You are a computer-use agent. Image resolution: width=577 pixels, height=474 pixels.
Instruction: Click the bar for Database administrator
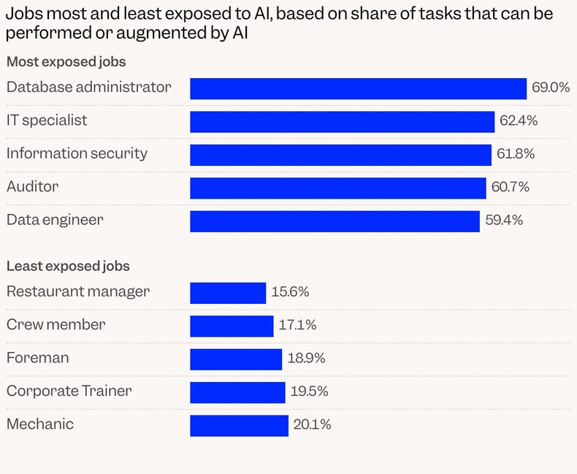[358, 88]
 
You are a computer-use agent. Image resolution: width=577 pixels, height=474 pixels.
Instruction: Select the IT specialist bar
[342, 121]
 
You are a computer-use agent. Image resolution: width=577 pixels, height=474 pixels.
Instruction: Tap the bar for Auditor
[337, 188]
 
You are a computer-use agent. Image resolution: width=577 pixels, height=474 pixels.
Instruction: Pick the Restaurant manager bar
[228, 293]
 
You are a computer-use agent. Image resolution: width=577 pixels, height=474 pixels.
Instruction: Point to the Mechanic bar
[239, 425]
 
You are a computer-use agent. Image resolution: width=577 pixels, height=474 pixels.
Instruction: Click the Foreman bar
[236, 359]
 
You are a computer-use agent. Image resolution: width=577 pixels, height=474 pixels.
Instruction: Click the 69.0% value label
[550, 88]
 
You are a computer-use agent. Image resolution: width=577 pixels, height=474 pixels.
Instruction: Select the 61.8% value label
[516, 154]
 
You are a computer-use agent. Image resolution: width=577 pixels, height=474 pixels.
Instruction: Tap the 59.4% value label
[504, 220]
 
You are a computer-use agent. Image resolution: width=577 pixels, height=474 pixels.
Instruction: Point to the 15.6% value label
[290, 292]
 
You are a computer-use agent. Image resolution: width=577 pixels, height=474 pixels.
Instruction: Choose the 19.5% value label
[309, 391]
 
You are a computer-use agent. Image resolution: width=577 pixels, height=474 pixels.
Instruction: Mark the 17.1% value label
[297, 325]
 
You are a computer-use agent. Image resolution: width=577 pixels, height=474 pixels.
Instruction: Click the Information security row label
[77, 153]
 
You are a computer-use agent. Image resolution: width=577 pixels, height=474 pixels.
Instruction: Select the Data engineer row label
[55, 219]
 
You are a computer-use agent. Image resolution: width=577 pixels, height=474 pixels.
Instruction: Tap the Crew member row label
[56, 325]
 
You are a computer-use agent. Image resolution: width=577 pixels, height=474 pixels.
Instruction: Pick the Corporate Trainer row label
[69, 391]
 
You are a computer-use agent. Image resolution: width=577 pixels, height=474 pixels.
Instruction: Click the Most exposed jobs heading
[66, 62]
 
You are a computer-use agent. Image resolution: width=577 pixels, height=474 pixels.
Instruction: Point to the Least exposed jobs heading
[68, 267]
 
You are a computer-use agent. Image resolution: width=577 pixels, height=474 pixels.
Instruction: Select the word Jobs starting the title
[23, 14]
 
